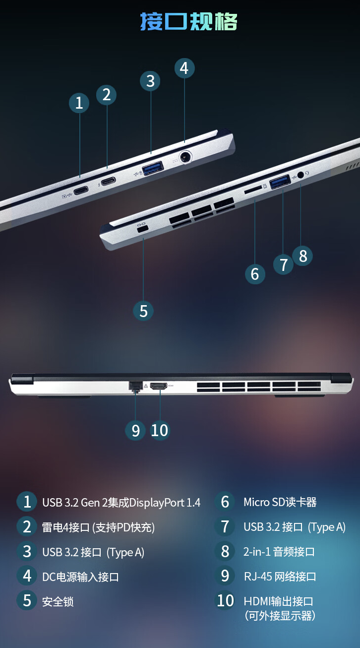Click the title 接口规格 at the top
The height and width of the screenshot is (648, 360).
[x=188, y=21]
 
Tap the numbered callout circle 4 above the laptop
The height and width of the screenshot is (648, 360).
[x=184, y=68]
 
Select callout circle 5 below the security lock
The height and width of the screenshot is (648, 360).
[x=143, y=311]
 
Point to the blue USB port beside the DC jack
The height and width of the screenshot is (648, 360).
[x=153, y=168]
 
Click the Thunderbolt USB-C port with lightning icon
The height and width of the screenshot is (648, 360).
[x=109, y=181]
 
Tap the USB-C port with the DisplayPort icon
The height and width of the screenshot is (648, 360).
[x=81, y=191]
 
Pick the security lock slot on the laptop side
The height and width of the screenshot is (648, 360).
[x=142, y=229]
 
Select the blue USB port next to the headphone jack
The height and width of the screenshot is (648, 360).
[x=280, y=182]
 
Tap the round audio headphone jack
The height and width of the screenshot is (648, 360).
[x=300, y=175]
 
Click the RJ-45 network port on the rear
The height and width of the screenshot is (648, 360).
[x=135, y=386]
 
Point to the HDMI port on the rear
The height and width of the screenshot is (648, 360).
[x=159, y=386]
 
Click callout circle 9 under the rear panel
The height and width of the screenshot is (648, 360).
[x=135, y=431]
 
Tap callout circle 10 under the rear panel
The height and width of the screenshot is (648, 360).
[x=160, y=431]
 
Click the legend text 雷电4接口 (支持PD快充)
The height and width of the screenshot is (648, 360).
[x=98, y=527]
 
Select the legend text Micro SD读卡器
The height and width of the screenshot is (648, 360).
[x=280, y=502]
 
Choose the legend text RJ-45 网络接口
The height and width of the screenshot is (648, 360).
[x=280, y=577]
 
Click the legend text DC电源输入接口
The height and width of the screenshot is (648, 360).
[x=80, y=577]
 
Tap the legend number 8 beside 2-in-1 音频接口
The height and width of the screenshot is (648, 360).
[x=225, y=552]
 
